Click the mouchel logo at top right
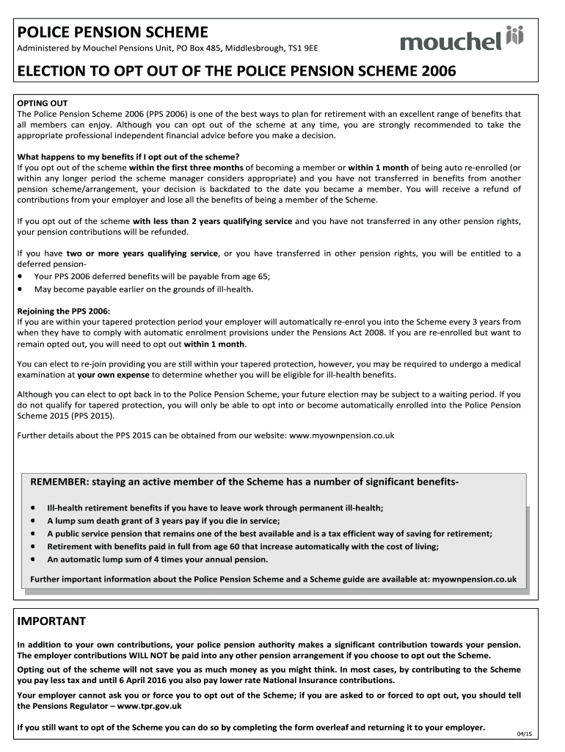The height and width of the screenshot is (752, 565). (x=462, y=40)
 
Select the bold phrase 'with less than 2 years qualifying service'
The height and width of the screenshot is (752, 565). (x=212, y=221)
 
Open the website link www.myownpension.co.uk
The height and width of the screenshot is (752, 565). (x=342, y=435)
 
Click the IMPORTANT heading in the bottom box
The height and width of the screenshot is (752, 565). (x=51, y=621)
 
